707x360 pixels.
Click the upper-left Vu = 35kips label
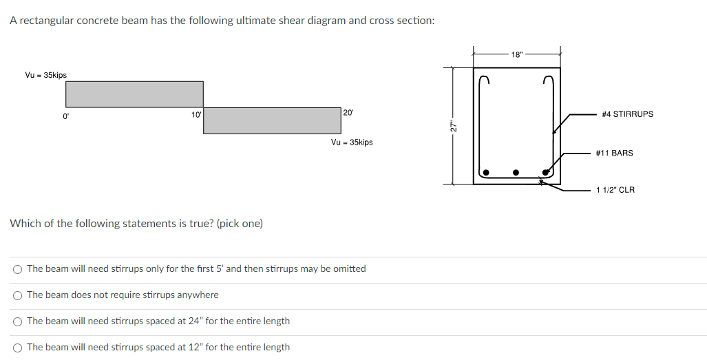click(46, 75)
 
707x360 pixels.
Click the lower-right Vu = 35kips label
click(352, 142)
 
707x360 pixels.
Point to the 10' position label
click(196, 114)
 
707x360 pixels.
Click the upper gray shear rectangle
click(134, 94)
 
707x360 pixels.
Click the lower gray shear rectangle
click(273, 120)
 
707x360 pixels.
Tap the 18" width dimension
click(517, 53)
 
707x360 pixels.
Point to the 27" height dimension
click(453, 126)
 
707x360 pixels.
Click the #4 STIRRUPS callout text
click(627, 114)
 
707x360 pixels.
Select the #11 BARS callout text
click(614, 153)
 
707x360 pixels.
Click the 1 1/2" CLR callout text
click(615, 190)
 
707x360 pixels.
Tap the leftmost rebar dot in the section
click(485, 172)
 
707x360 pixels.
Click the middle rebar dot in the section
click(516, 172)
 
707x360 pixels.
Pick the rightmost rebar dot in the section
click(547, 172)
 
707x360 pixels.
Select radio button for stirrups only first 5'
click(17, 269)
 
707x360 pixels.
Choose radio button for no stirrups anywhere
click(17, 295)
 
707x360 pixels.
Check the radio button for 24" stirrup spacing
click(17, 321)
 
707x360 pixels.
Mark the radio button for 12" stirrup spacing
click(17, 348)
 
